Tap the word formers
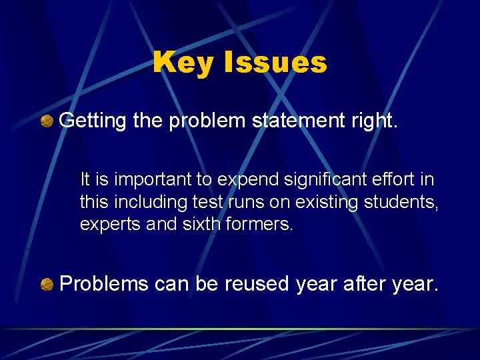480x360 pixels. tap(260, 225)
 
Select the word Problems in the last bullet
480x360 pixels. tap(104, 285)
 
